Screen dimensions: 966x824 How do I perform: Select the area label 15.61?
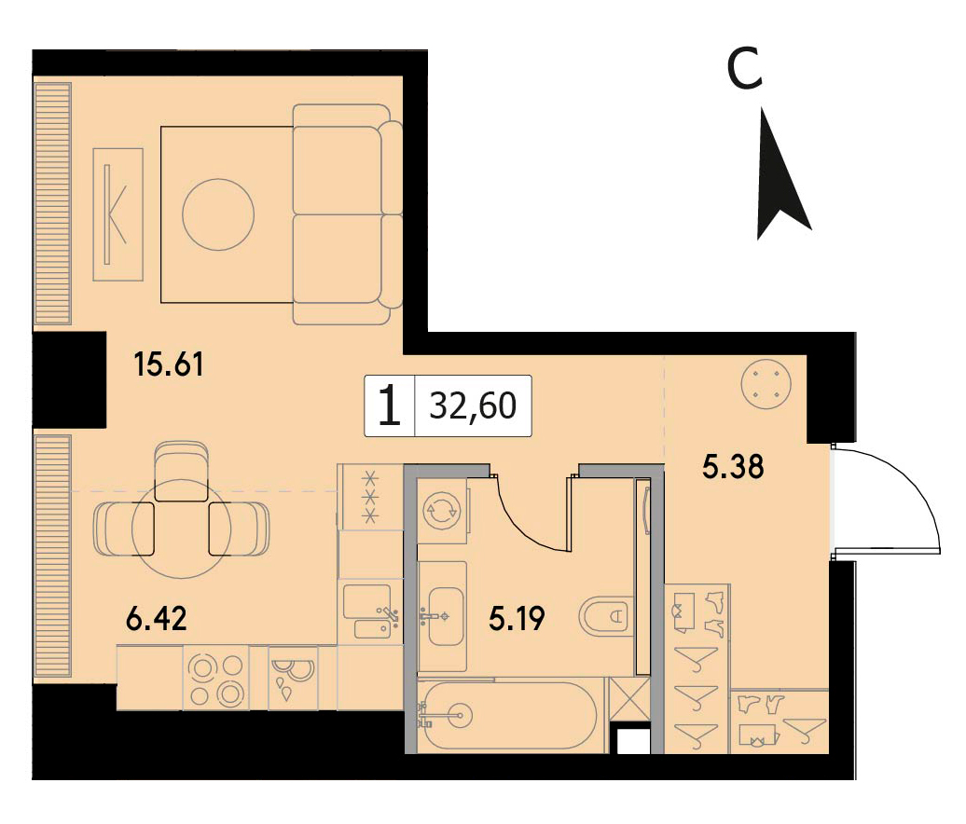[168, 364]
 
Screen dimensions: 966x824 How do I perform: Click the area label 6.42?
[156, 618]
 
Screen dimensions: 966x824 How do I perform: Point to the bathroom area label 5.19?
[517, 619]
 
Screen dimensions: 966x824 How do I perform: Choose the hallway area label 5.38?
[733, 466]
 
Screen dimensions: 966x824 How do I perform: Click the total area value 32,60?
[473, 405]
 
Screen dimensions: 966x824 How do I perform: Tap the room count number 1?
[390, 405]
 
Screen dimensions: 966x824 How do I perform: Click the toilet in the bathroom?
[605, 614]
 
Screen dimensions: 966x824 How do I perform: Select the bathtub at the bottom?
[507, 715]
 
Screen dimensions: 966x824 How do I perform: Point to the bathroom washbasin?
[444, 616]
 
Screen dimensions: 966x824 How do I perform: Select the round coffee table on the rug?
[218, 214]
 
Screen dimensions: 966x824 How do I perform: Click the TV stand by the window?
[117, 214]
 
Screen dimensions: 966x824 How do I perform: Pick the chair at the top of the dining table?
[179, 471]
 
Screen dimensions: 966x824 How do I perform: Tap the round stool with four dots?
[766, 384]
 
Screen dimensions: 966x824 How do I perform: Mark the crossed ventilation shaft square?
[629, 698]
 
